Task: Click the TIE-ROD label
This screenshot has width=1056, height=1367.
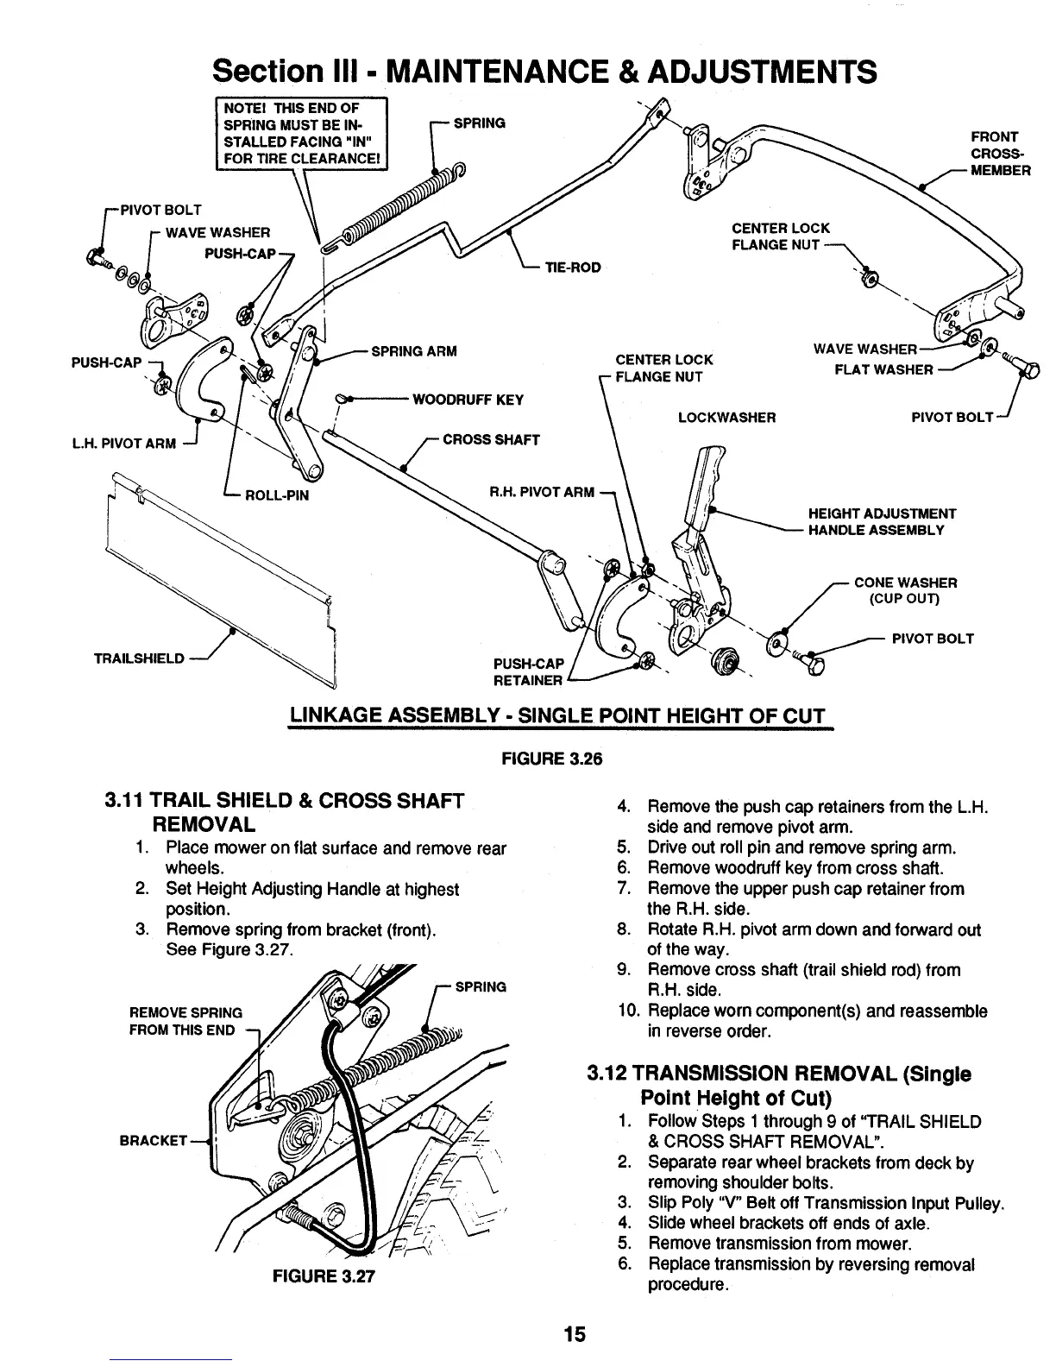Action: (572, 268)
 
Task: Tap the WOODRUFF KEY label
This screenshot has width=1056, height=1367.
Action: (468, 400)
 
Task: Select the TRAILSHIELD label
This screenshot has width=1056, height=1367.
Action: (139, 658)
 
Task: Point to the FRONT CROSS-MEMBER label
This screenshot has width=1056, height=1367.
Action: (999, 154)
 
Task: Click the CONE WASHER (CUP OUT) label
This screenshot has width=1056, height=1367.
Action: (905, 590)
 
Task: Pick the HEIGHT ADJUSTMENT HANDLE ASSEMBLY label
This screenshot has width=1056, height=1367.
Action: (881, 521)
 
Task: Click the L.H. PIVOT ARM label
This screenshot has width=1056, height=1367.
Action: (135, 444)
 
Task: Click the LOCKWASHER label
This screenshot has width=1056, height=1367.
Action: (726, 418)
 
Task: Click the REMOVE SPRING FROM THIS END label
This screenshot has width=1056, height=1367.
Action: (185, 1021)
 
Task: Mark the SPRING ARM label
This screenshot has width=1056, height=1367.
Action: (413, 351)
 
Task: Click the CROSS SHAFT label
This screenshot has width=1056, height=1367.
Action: (491, 439)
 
